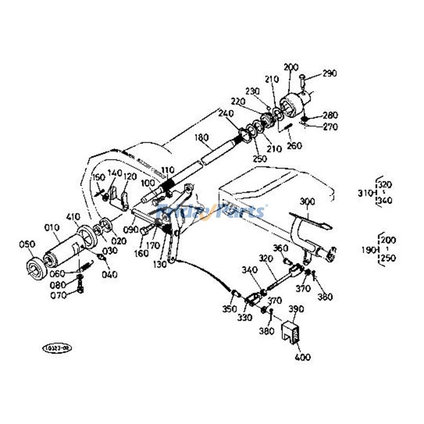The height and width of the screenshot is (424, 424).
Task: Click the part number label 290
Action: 329,74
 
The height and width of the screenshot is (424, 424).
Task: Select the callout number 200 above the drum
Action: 291,67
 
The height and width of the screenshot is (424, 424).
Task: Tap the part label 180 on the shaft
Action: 201,137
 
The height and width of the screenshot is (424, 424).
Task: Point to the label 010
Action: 51,228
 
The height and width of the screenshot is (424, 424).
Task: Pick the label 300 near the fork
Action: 307,202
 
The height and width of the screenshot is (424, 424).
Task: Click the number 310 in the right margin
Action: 365,193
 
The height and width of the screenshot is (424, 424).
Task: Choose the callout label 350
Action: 229,309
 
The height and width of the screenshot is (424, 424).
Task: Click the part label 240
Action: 225,113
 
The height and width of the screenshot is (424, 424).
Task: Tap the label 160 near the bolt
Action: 141,254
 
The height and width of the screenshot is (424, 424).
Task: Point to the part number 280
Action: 329,116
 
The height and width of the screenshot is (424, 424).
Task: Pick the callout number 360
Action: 280,249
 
